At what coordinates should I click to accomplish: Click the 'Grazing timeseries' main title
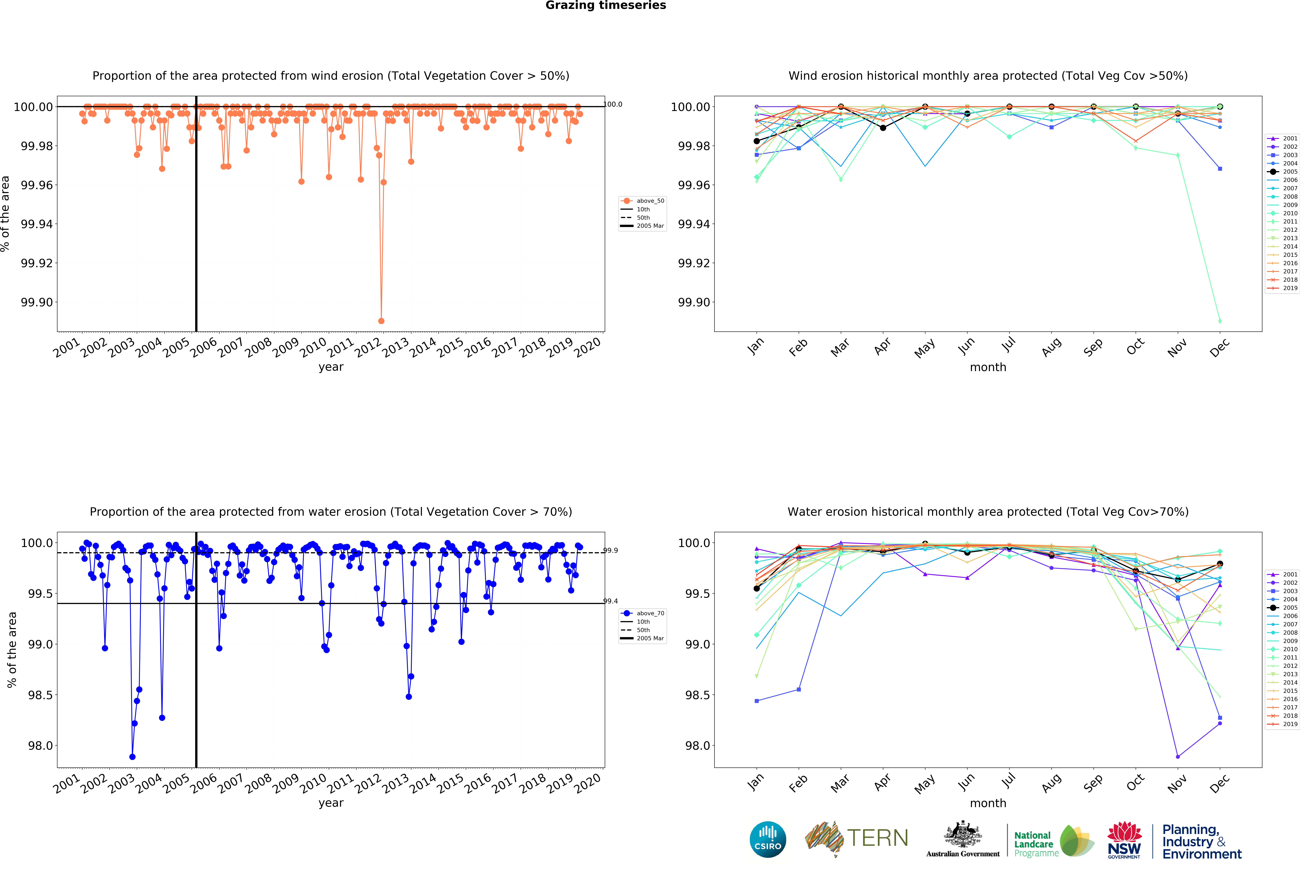click(x=605, y=6)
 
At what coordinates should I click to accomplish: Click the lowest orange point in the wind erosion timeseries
click(x=381, y=321)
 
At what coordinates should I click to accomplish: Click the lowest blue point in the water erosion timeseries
click(x=132, y=757)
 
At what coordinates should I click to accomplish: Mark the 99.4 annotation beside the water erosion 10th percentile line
click(x=610, y=601)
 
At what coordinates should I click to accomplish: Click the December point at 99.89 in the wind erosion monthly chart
click(x=1220, y=321)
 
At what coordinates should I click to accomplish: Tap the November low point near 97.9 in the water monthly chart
click(x=1177, y=757)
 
